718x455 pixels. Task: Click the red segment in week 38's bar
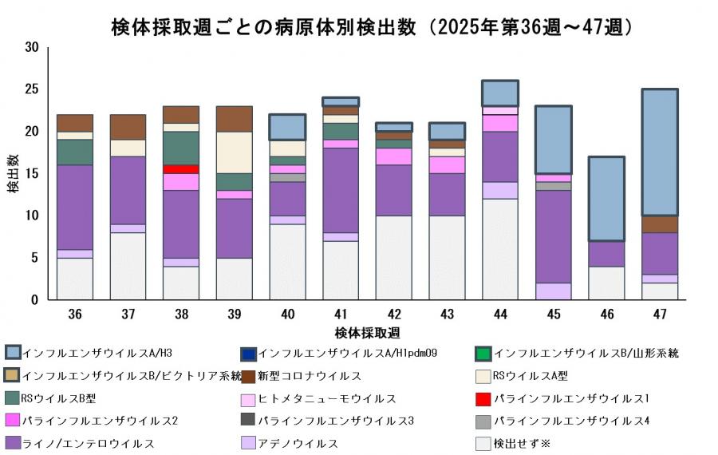pos(180,169)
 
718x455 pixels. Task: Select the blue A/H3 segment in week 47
pos(659,152)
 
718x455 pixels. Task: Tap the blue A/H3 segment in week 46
pos(607,199)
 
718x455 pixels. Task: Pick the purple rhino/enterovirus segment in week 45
pos(554,236)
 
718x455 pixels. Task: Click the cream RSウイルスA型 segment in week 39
pos(234,152)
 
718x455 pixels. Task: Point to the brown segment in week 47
pos(659,224)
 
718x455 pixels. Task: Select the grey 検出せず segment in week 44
pos(500,249)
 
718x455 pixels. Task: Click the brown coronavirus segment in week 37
pos(128,127)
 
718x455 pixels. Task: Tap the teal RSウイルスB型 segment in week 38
pos(180,148)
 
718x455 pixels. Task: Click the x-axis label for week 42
pos(393,315)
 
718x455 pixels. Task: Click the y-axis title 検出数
pos(14,174)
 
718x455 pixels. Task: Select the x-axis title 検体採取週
pos(367,332)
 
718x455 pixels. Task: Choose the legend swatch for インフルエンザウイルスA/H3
pos(14,353)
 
